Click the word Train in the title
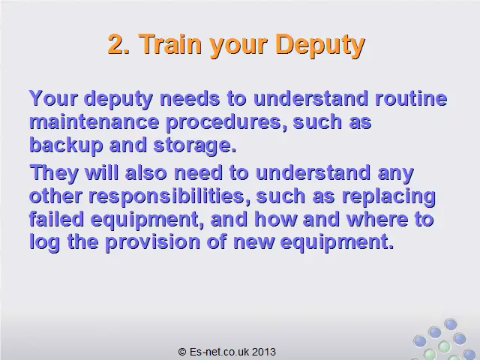[x=171, y=43]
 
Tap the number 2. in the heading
[x=118, y=43]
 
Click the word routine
[x=411, y=98]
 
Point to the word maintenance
[x=94, y=121]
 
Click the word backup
[x=66, y=145]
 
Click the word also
[x=145, y=172]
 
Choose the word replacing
[x=388, y=196]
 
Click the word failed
[x=56, y=219]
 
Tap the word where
[x=377, y=219]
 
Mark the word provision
[x=152, y=243]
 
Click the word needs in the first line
[x=190, y=98]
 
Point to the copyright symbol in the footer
[x=182, y=352]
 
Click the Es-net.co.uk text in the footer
[x=219, y=352]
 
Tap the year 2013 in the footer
[x=264, y=352]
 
